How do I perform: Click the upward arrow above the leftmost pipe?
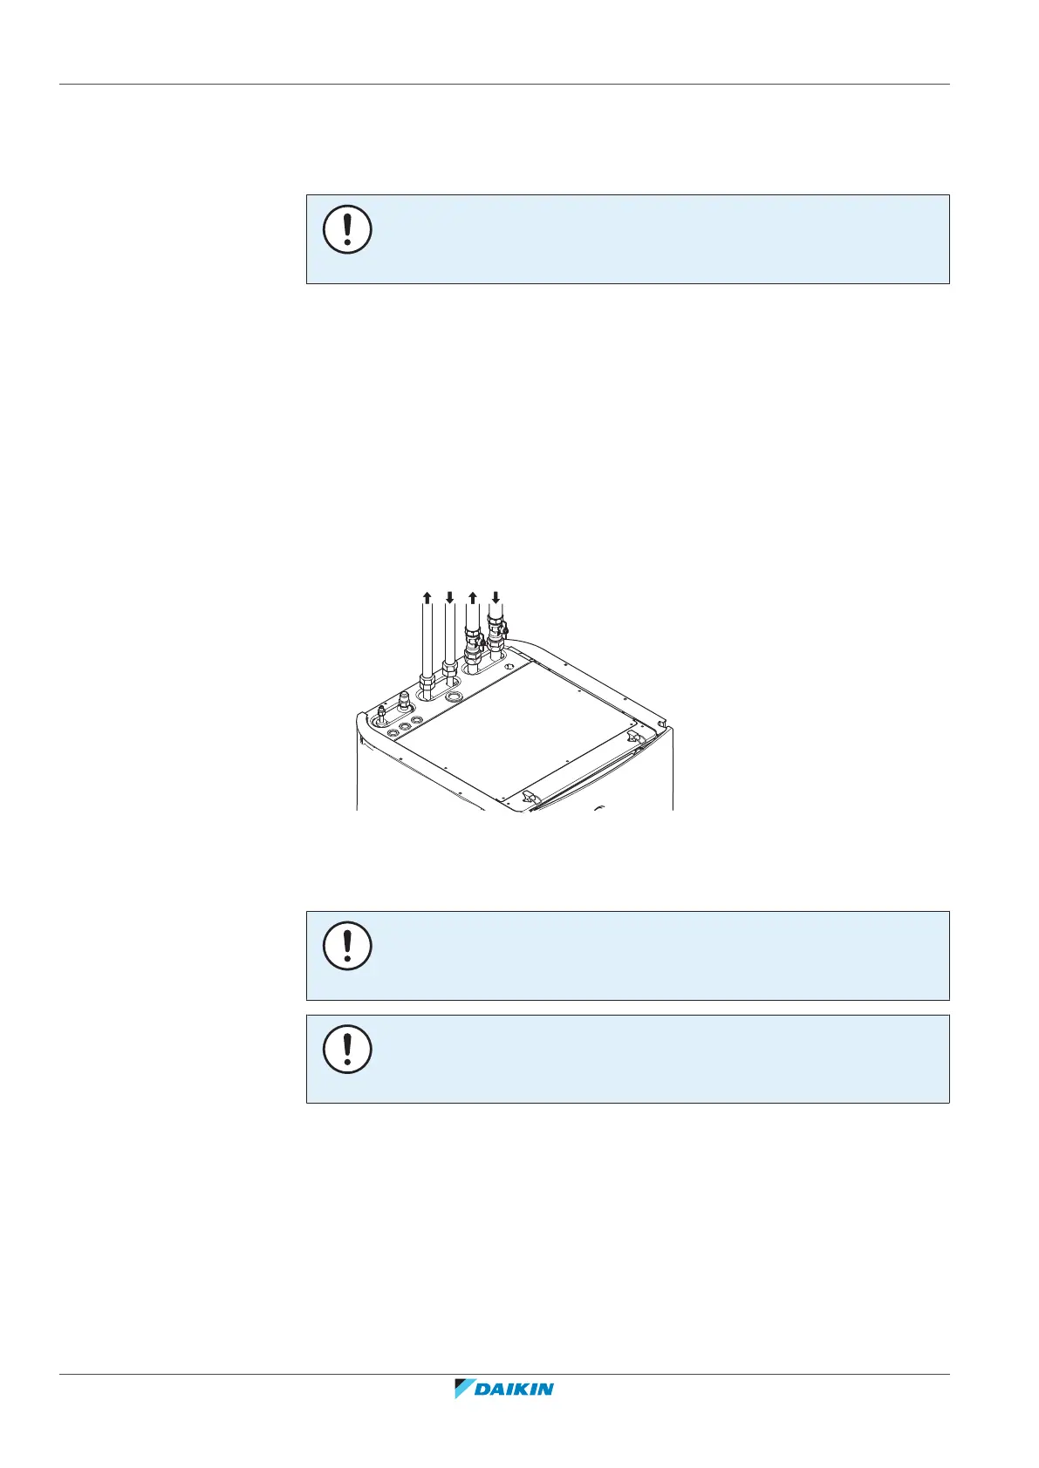427,597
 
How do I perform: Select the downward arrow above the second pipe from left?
449,597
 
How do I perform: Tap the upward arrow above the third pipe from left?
472,597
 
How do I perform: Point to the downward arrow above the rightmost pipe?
496,597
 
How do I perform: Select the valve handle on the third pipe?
482,644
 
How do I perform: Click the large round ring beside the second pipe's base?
454,697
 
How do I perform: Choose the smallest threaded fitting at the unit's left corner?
381,717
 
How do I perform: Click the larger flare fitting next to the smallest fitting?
404,701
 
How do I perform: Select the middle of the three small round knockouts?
405,725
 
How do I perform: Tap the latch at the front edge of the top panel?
526,797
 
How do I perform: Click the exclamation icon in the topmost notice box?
347,230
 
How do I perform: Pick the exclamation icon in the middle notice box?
347,947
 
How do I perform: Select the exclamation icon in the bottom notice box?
347,1050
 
